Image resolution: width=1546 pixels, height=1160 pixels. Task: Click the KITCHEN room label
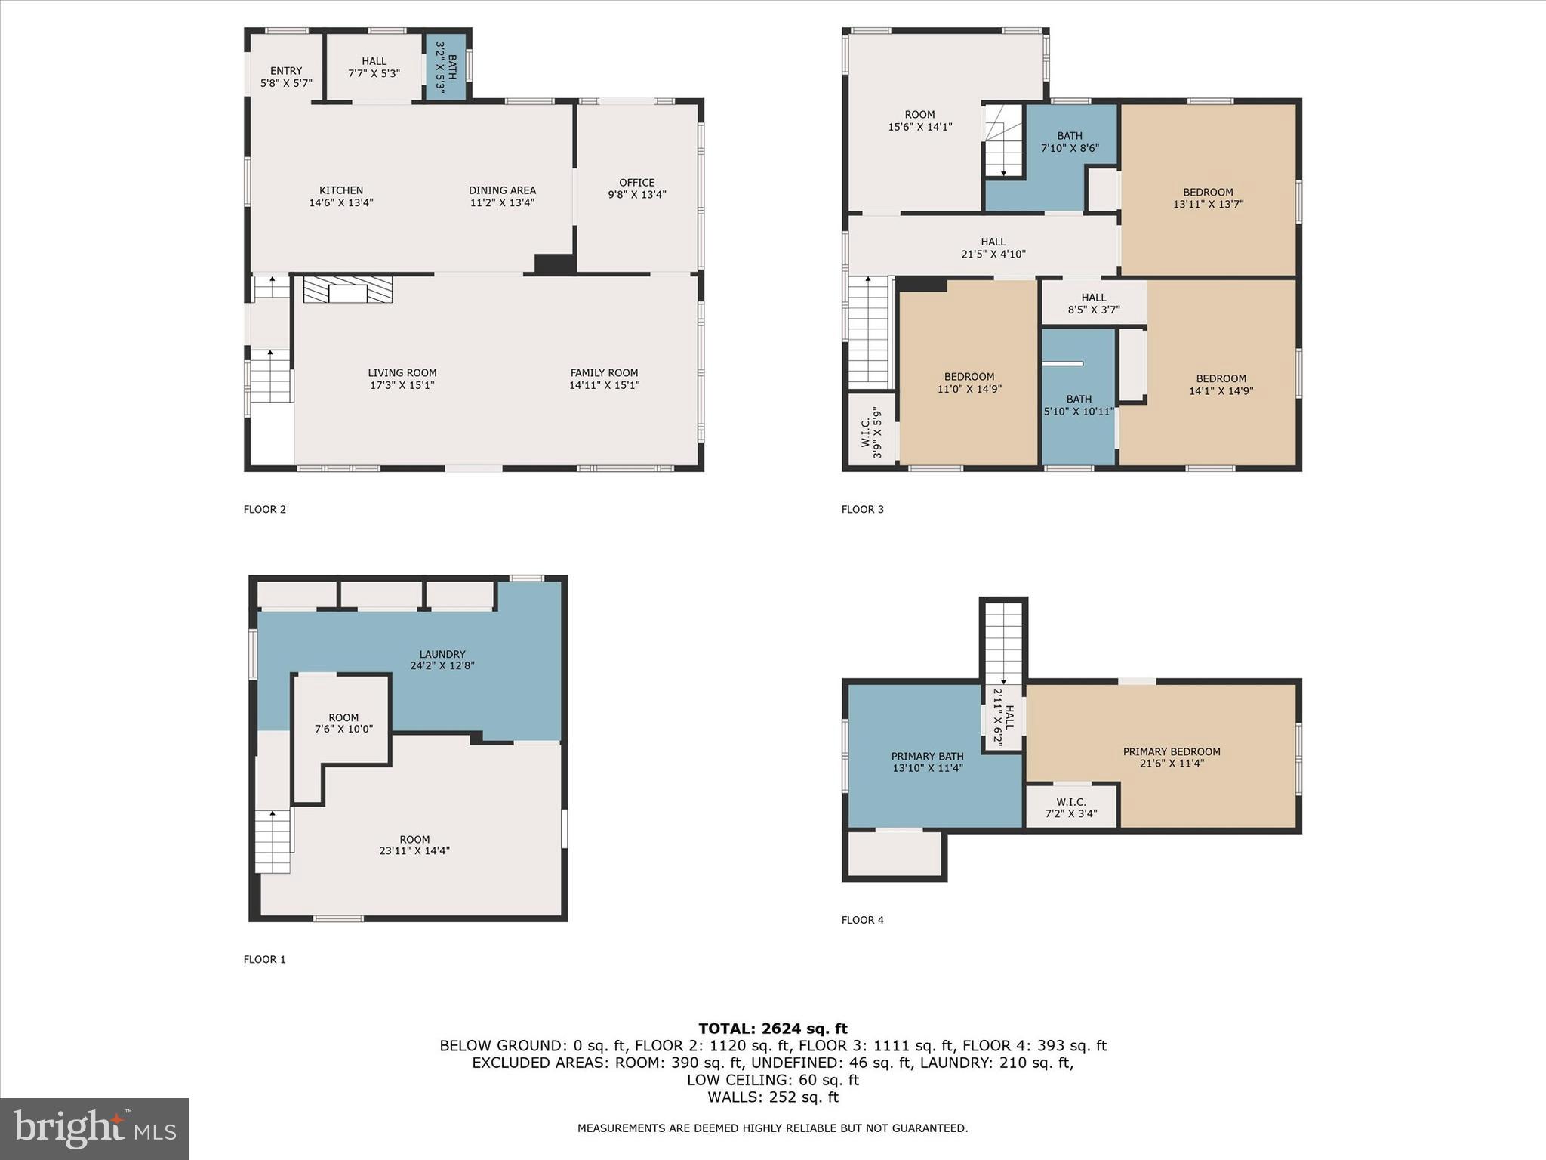pos(341,190)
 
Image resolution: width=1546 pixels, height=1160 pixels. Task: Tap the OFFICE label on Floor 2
pos(636,183)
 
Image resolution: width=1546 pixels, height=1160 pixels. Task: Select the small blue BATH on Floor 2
pos(446,67)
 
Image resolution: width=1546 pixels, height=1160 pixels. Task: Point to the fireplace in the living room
pos(348,290)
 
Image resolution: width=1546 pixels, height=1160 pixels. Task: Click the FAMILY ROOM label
pos(604,373)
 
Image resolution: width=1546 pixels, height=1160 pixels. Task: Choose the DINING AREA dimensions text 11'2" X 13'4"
pos(502,202)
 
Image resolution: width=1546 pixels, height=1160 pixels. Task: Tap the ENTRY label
pos(286,71)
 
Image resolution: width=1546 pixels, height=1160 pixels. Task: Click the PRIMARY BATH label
pos(927,757)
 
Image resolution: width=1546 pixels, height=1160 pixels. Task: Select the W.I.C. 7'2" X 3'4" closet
pos(1071,807)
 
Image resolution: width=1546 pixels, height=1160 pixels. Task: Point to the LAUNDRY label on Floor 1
pos(442,654)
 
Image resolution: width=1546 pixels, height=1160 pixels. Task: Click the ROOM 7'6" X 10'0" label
pos(343,723)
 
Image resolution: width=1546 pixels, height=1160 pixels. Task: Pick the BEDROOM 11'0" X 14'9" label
pos(969,382)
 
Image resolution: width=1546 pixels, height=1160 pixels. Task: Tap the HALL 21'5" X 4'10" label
pos(993,248)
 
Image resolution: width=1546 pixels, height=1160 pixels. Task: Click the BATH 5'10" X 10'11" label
pos(1079,405)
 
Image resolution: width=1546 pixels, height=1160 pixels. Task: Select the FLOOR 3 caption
pos(862,509)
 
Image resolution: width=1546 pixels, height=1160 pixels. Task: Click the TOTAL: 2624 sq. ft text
pos(772,1028)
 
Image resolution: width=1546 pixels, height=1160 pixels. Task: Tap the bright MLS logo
pos(94,1128)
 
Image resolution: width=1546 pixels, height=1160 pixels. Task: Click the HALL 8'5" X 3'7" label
pos(1093,303)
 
